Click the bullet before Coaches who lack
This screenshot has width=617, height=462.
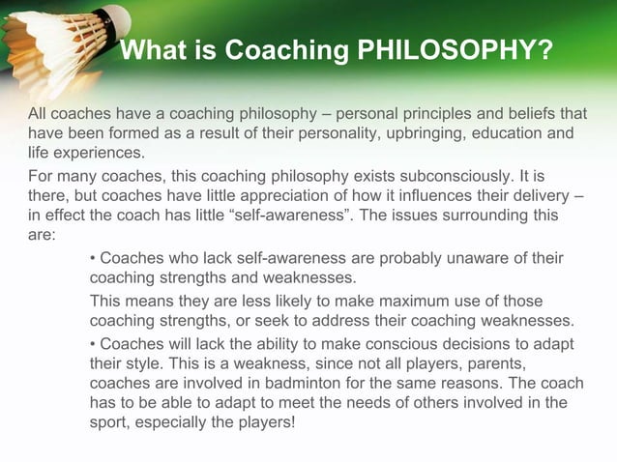pyautogui.click(x=92, y=259)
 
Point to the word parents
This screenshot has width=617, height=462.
pyautogui.click(x=502, y=365)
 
